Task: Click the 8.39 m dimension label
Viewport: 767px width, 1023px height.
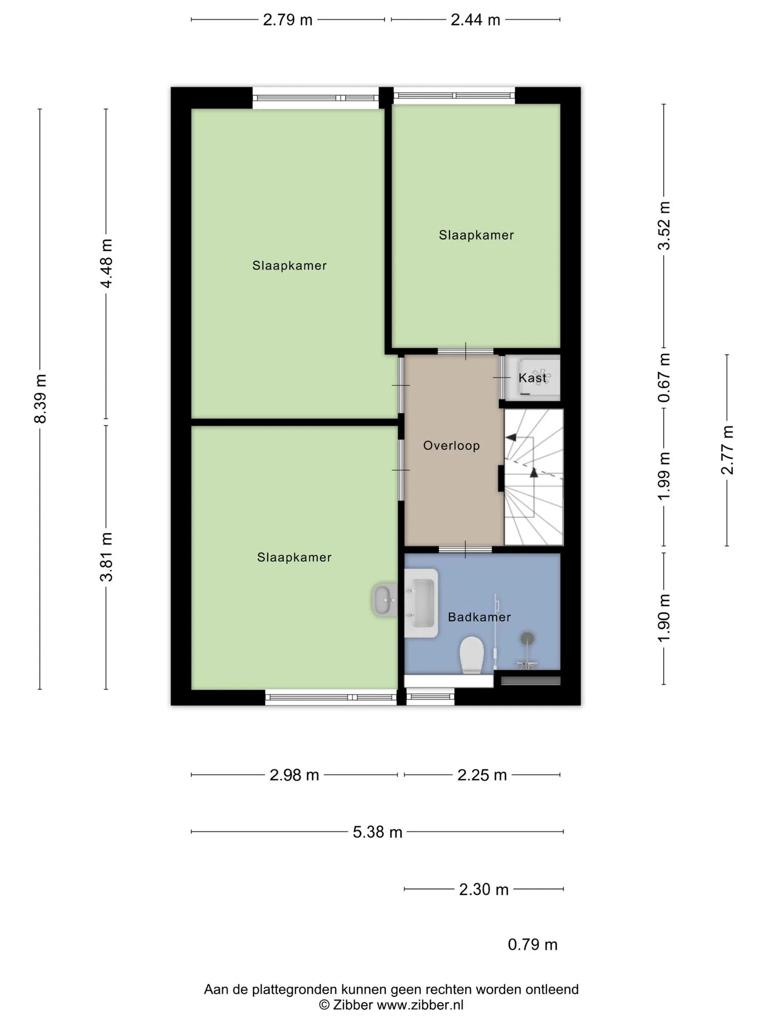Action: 40,399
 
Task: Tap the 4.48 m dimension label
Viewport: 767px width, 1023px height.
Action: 107,263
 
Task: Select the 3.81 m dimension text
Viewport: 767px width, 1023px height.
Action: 107,557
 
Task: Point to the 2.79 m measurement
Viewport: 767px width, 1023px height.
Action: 288,20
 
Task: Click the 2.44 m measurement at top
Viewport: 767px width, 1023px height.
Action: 476,20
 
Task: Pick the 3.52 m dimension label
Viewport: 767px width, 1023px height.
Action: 664,225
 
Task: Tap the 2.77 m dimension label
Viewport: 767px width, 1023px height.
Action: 727,450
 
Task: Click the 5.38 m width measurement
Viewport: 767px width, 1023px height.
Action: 378,832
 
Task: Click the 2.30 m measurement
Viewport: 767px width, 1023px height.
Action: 484,889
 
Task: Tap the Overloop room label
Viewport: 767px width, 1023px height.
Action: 452,445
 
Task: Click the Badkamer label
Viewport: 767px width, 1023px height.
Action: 479,617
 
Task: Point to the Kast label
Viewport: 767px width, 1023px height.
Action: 533,378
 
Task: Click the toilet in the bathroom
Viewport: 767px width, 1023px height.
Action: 471,655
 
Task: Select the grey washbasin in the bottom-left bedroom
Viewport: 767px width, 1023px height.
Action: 385,599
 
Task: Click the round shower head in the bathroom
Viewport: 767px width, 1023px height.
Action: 527,638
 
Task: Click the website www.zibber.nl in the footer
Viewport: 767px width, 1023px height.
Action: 420,1005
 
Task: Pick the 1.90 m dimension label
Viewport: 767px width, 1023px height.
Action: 664,618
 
